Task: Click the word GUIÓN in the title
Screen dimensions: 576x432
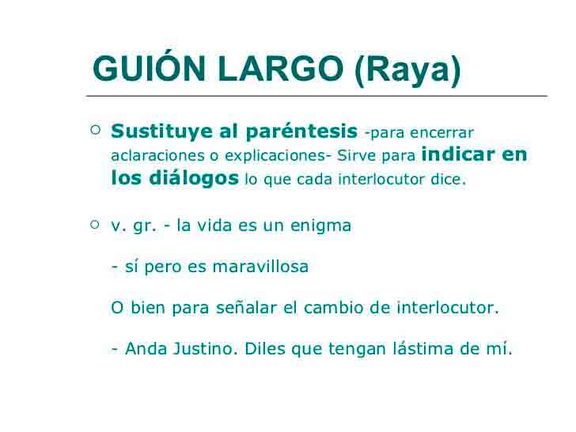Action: (149, 68)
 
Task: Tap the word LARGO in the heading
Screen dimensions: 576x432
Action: (281, 68)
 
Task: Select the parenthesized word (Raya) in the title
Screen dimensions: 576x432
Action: (407, 70)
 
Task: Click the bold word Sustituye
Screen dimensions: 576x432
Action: (162, 131)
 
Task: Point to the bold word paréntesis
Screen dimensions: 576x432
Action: (301, 131)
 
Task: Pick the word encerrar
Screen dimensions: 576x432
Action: (442, 133)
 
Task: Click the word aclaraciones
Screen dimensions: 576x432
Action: (157, 155)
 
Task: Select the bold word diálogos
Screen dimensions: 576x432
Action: (194, 179)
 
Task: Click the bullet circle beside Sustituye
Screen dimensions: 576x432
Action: (96, 130)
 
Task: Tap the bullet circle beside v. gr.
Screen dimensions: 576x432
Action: (95, 225)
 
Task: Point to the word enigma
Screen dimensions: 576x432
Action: (320, 226)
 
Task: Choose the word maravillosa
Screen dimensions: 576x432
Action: (260, 266)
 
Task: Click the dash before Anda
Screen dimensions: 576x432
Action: (115, 349)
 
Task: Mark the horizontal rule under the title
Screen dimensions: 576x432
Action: (316, 96)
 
